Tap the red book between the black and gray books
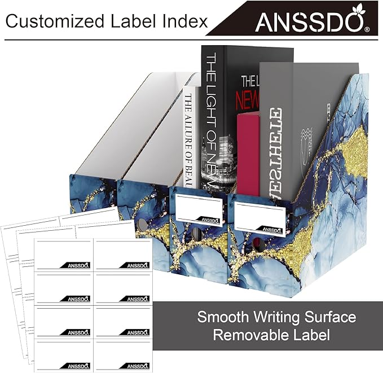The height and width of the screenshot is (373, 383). (x=248, y=152)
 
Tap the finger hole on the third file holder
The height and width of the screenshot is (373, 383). (x=196, y=233)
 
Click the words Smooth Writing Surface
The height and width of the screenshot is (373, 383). (x=276, y=317)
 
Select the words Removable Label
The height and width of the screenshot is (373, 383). (x=271, y=336)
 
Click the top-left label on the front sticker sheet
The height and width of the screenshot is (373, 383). (x=64, y=255)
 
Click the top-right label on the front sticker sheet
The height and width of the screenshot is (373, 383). (x=122, y=255)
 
